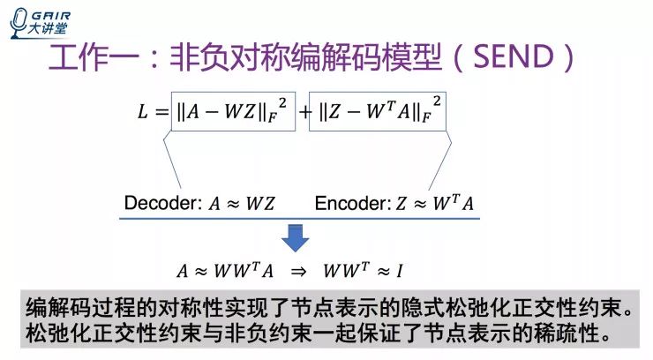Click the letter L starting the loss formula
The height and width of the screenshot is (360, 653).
coord(144,111)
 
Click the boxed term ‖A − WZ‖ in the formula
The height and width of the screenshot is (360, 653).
coord(230,112)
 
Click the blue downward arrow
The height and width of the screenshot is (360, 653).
coord(296,236)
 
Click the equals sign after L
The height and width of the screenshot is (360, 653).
coord(160,112)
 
